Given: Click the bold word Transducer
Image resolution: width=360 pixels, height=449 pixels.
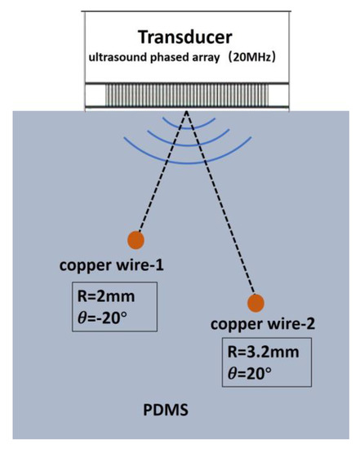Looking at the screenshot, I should click(180, 37).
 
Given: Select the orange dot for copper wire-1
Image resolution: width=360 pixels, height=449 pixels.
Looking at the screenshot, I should click(136, 239).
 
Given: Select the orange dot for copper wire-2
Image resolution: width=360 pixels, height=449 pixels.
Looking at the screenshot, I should click(256, 303).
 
